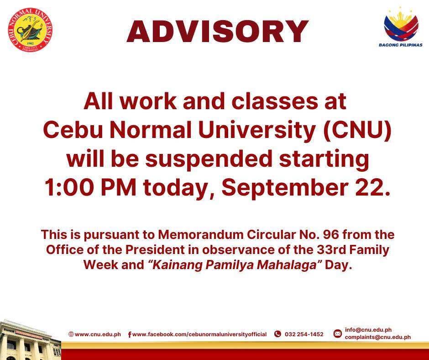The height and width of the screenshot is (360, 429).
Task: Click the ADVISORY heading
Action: tap(218, 32)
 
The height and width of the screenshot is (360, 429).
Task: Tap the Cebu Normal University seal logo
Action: tap(30, 30)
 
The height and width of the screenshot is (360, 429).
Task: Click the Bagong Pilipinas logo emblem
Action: tap(401, 24)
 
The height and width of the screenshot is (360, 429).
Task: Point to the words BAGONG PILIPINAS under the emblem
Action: tap(401, 45)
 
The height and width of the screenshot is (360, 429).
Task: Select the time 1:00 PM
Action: tap(90, 188)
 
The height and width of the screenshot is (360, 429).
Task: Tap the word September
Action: tap(284, 189)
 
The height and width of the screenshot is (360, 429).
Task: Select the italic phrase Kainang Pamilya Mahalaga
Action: tap(235, 265)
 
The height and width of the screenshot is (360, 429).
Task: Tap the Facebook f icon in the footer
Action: tap(130, 334)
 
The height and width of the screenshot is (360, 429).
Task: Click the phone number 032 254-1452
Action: tap(304, 334)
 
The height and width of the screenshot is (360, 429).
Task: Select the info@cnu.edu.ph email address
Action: tap(368, 330)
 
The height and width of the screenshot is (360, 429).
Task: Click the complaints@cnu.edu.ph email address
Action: tap(377, 337)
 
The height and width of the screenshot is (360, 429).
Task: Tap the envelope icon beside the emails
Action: tap(337, 334)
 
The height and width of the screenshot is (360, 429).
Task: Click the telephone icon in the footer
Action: tap(277, 334)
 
